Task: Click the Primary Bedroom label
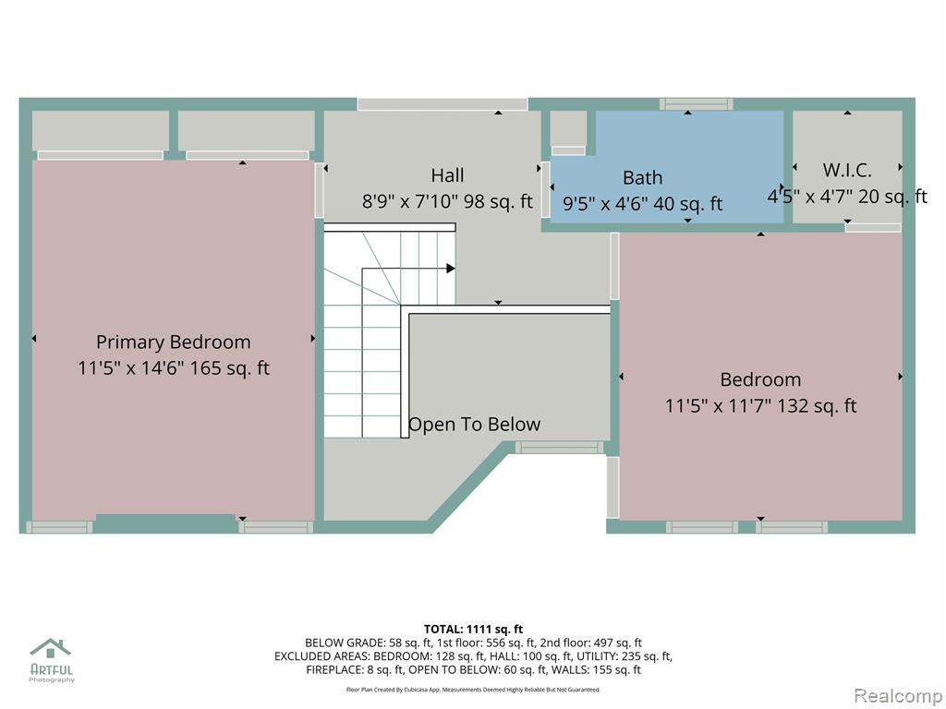pyautogui.click(x=173, y=342)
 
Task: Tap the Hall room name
pyautogui.click(x=448, y=175)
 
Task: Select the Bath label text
pyautogui.click(x=643, y=178)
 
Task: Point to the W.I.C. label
pyautogui.click(x=847, y=170)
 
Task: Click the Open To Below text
pyautogui.click(x=474, y=425)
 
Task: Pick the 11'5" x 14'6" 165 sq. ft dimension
pyautogui.click(x=174, y=367)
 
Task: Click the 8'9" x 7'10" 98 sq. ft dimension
pyautogui.click(x=447, y=201)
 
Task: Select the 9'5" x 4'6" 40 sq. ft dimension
pyautogui.click(x=643, y=204)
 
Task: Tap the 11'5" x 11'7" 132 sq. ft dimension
pyautogui.click(x=761, y=406)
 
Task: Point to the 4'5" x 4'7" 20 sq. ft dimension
pyautogui.click(x=847, y=197)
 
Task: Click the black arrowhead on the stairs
pyautogui.click(x=451, y=269)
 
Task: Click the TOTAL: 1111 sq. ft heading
pyautogui.click(x=473, y=630)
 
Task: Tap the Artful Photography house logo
pyautogui.click(x=51, y=649)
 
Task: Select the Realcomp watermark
pyautogui.click(x=898, y=696)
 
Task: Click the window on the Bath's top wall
pyautogui.click(x=696, y=104)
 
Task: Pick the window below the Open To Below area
pyautogui.click(x=559, y=448)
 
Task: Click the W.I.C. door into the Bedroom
pyautogui.click(x=873, y=228)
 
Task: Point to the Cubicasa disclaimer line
pyautogui.click(x=473, y=689)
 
